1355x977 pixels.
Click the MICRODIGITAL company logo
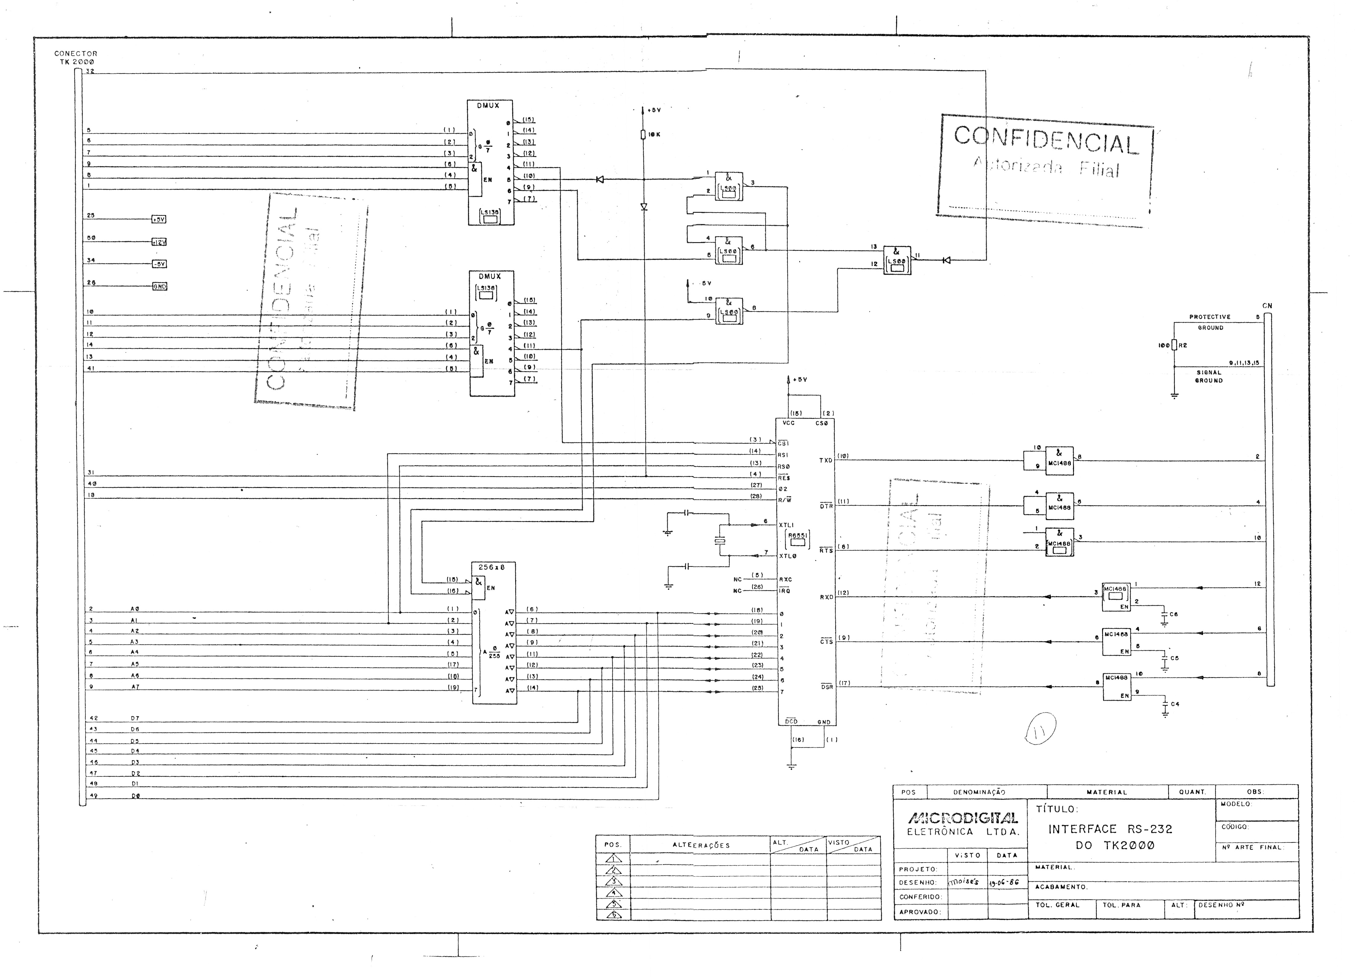point(962,818)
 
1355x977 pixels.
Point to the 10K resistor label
point(654,135)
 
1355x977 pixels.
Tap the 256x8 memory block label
point(492,567)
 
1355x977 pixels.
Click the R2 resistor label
point(1182,346)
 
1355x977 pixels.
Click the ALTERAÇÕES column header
point(701,845)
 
